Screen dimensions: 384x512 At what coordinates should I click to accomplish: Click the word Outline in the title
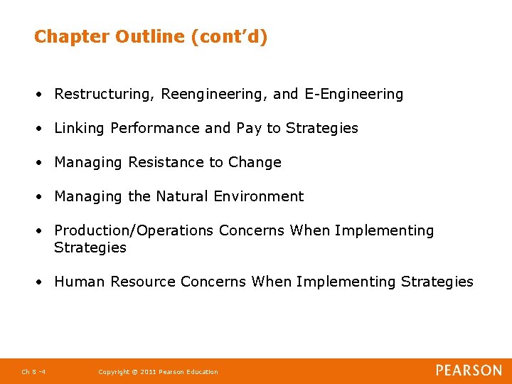click(x=151, y=36)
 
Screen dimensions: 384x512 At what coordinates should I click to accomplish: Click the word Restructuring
click(x=105, y=94)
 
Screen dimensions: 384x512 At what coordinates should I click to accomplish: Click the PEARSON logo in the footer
click(x=469, y=370)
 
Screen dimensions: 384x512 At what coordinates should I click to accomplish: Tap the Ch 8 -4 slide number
click(x=33, y=372)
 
